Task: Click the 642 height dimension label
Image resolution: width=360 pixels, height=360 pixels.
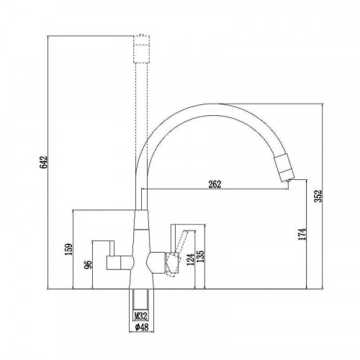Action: [x=44, y=162]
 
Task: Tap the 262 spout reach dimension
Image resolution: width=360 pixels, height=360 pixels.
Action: [x=215, y=184]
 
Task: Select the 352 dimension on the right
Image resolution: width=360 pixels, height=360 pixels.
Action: [x=318, y=196]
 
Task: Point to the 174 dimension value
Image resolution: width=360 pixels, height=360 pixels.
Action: [x=303, y=234]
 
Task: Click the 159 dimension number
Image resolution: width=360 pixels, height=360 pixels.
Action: [x=68, y=250]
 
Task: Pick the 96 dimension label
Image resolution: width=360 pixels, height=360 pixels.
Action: [x=89, y=265]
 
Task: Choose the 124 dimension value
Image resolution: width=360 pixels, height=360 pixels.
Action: [x=190, y=259]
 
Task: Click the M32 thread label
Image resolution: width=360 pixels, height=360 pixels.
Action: [x=140, y=316]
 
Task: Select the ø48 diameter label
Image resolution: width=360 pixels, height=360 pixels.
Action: [x=142, y=327]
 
